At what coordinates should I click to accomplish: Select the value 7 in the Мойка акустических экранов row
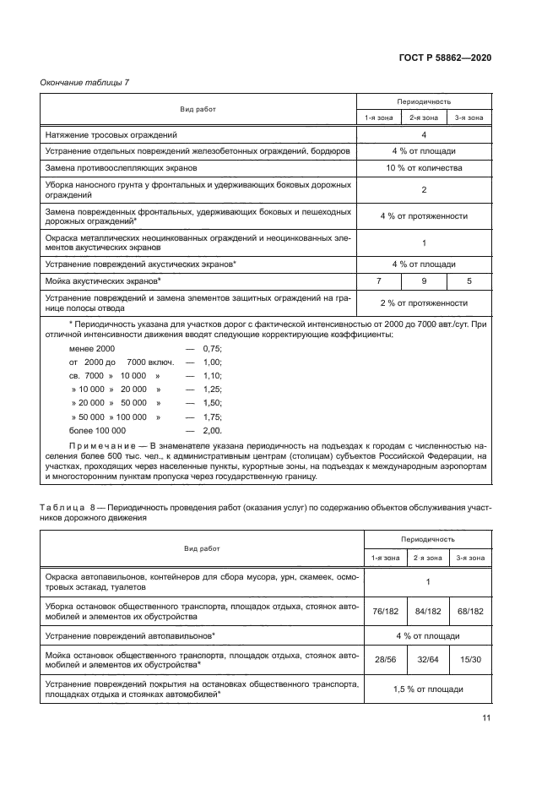click(378, 279)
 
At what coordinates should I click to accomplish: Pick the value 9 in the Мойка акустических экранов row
click(424, 279)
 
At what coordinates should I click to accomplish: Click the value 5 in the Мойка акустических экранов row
click(469, 279)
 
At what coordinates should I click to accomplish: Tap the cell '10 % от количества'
click(423, 168)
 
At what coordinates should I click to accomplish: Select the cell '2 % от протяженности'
click(423, 302)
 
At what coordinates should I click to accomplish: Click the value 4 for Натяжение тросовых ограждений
click(423, 134)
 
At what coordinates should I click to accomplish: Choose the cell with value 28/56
click(378, 657)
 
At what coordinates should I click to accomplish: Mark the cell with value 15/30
click(469, 657)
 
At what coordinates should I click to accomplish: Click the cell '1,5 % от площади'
click(423, 689)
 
